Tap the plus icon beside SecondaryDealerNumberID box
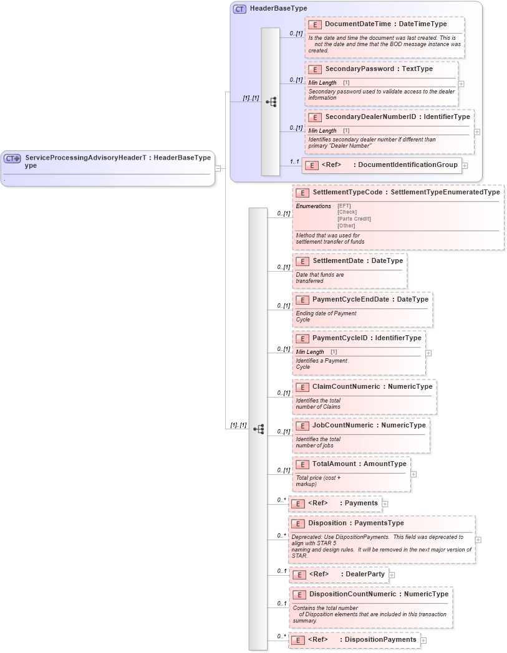tap(476, 131)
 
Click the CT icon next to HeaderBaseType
tap(239, 9)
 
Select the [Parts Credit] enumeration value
tap(354, 219)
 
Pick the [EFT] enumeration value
tap(344, 206)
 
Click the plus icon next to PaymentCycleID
tap(428, 353)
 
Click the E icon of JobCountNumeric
tap(302, 426)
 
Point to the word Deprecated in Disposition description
tap(306, 536)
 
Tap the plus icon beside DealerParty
tap(392, 574)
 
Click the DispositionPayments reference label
tap(380, 639)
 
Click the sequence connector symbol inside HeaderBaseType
tap(271, 102)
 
